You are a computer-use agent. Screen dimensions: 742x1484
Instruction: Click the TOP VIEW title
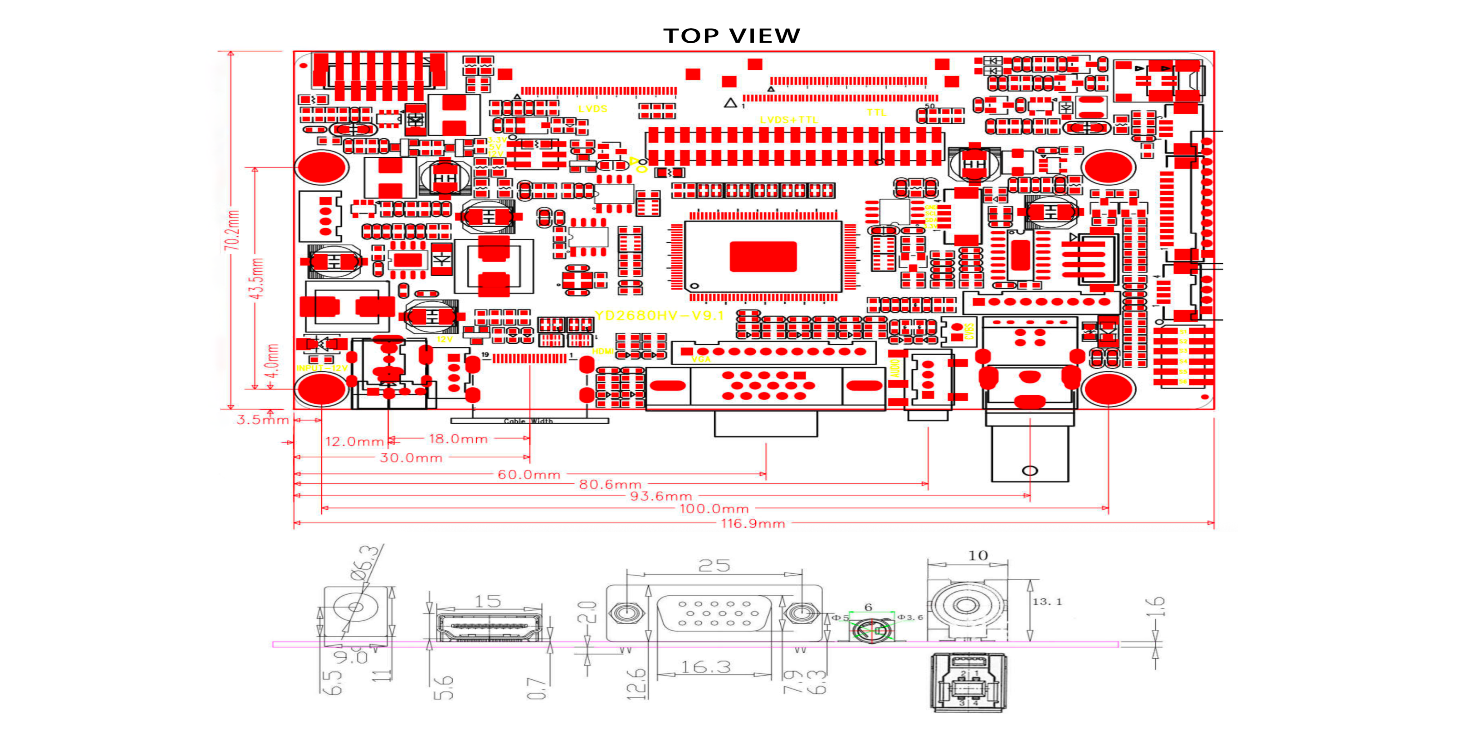click(x=732, y=36)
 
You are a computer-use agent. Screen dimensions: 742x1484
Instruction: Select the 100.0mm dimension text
click(x=714, y=509)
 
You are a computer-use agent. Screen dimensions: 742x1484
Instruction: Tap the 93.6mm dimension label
click(x=661, y=496)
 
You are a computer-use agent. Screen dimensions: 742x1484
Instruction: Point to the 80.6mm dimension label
click(x=610, y=484)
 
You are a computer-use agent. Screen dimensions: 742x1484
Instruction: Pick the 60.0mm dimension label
click(x=529, y=475)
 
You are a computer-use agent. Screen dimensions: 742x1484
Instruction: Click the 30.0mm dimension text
click(x=411, y=458)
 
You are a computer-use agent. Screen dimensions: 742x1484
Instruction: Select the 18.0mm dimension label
click(x=458, y=439)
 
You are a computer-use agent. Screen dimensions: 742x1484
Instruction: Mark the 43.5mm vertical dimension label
click(x=256, y=278)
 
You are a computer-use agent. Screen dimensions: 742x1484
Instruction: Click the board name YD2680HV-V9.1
click(x=659, y=315)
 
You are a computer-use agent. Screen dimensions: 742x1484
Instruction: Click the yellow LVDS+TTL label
click(x=789, y=120)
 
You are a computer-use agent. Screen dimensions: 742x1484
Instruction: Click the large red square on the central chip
click(x=763, y=256)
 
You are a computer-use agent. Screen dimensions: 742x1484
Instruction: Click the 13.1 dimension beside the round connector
click(x=1047, y=601)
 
